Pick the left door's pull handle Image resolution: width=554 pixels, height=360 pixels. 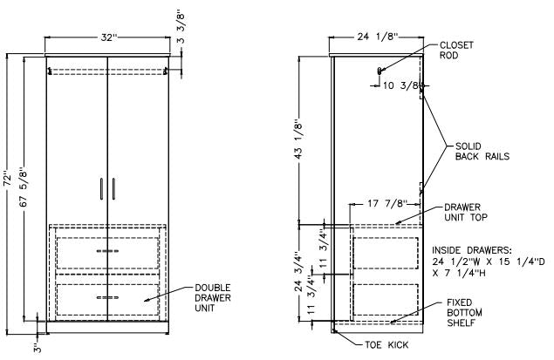[x=101, y=188]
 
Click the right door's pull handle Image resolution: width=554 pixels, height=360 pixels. [x=112, y=188]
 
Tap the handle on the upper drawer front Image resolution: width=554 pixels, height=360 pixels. [x=106, y=251]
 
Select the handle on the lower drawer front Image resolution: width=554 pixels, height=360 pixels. [x=106, y=298]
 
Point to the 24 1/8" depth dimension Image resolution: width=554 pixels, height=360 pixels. [x=376, y=37]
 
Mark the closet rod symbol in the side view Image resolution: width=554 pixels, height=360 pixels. [x=380, y=70]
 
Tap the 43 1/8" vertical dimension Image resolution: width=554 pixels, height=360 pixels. [x=302, y=141]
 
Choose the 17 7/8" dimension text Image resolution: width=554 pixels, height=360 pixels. [x=386, y=204]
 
